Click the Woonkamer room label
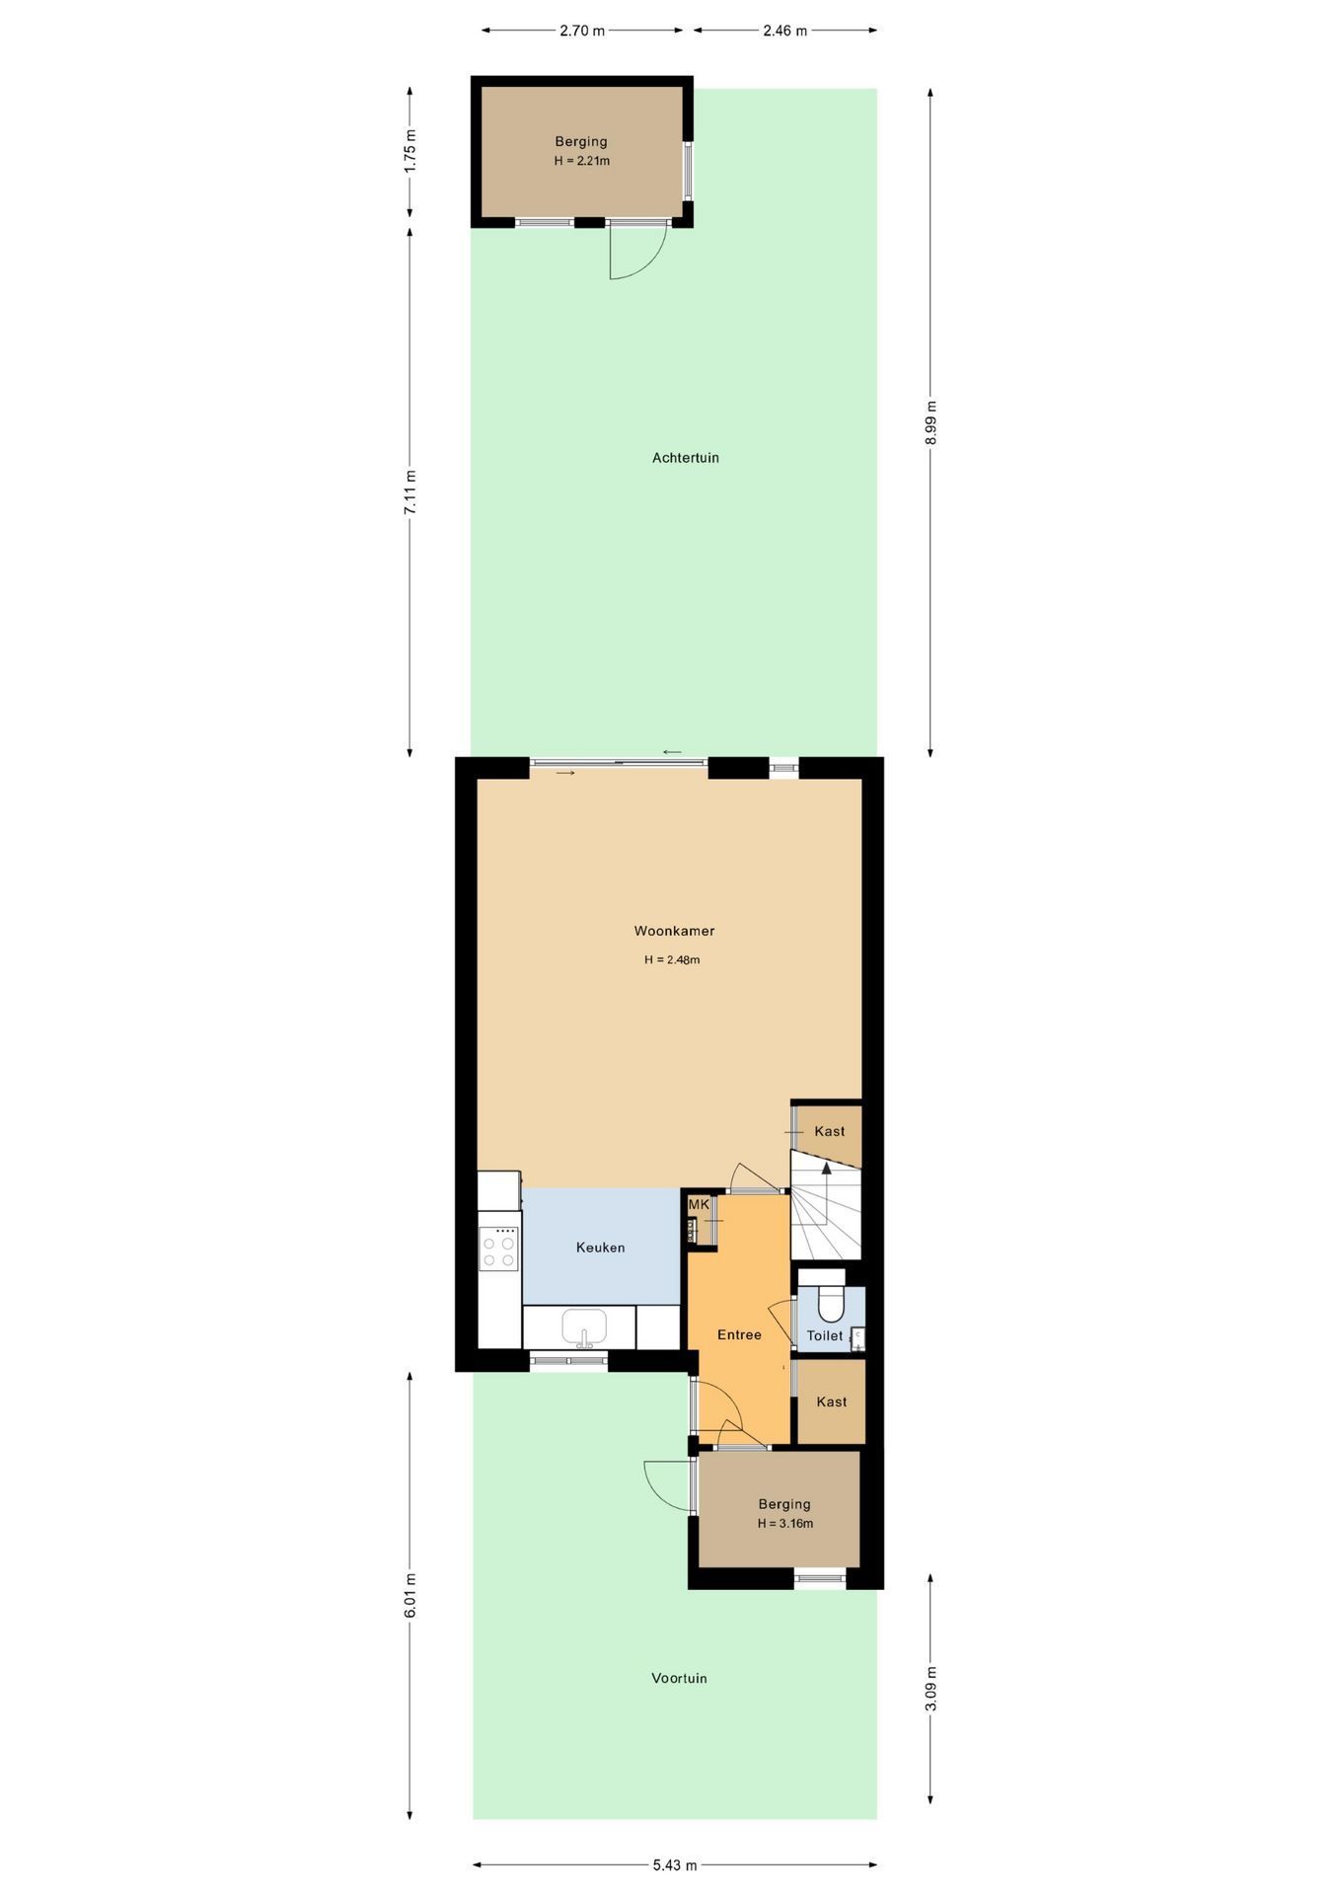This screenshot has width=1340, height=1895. (x=674, y=931)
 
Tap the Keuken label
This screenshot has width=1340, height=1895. (x=600, y=1248)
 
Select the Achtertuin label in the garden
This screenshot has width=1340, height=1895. (x=685, y=458)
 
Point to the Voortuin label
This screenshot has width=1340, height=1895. (x=679, y=1678)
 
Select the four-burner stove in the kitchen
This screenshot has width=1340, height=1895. (x=498, y=1248)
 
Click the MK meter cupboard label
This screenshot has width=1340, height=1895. (x=699, y=1205)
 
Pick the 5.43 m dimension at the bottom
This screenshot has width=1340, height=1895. (x=674, y=1865)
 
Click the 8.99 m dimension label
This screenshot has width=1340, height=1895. (x=931, y=422)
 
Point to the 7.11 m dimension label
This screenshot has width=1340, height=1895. (x=410, y=491)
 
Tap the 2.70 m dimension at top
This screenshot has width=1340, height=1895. (x=581, y=31)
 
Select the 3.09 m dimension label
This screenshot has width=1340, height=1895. (x=931, y=1689)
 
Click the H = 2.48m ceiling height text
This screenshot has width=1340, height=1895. (x=672, y=959)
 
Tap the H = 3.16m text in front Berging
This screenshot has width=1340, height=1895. (x=785, y=1524)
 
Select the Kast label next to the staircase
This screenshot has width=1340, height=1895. (x=829, y=1131)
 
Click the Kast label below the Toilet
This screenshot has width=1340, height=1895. (x=831, y=1402)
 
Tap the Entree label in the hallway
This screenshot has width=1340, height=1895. (x=739, y=1335)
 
